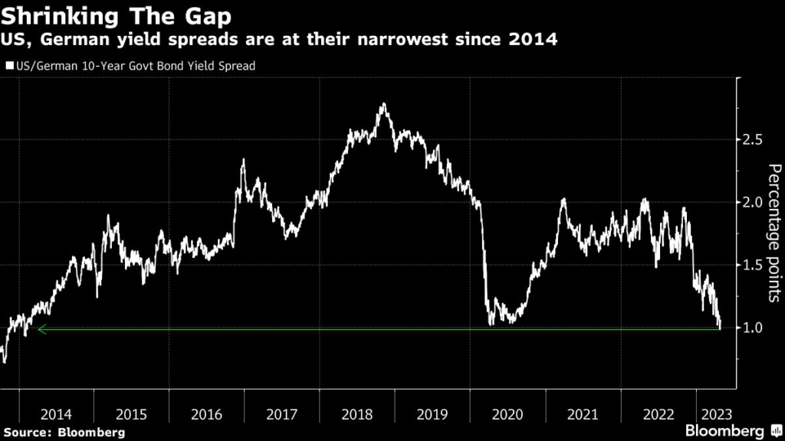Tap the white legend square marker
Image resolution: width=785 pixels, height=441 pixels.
pyautogui.click(x=9, y=66)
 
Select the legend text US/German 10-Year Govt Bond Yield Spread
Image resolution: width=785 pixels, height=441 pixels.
pyautogui.click(x=135, y=66)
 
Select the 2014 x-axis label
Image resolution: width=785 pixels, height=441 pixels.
pyautogui.click(x=56, y=414)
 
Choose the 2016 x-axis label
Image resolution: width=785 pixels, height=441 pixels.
pyautogui.click(x=206, y=414)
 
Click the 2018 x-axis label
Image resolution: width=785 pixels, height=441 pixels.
pyautogui.click(x=356, y=414)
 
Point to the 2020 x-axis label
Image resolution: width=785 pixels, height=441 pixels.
pyautogui.click(x=507, y=414)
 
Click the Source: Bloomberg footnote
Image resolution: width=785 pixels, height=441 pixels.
pyautogui.click(x=63, y=433)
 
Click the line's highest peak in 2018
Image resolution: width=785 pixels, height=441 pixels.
pyautogui.click(x=383, y=104)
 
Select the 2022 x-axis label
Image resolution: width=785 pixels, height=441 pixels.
pyautogui.click(x=658, y=414)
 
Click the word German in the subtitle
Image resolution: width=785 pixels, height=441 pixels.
pyautogui.click(x=72, y=39)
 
